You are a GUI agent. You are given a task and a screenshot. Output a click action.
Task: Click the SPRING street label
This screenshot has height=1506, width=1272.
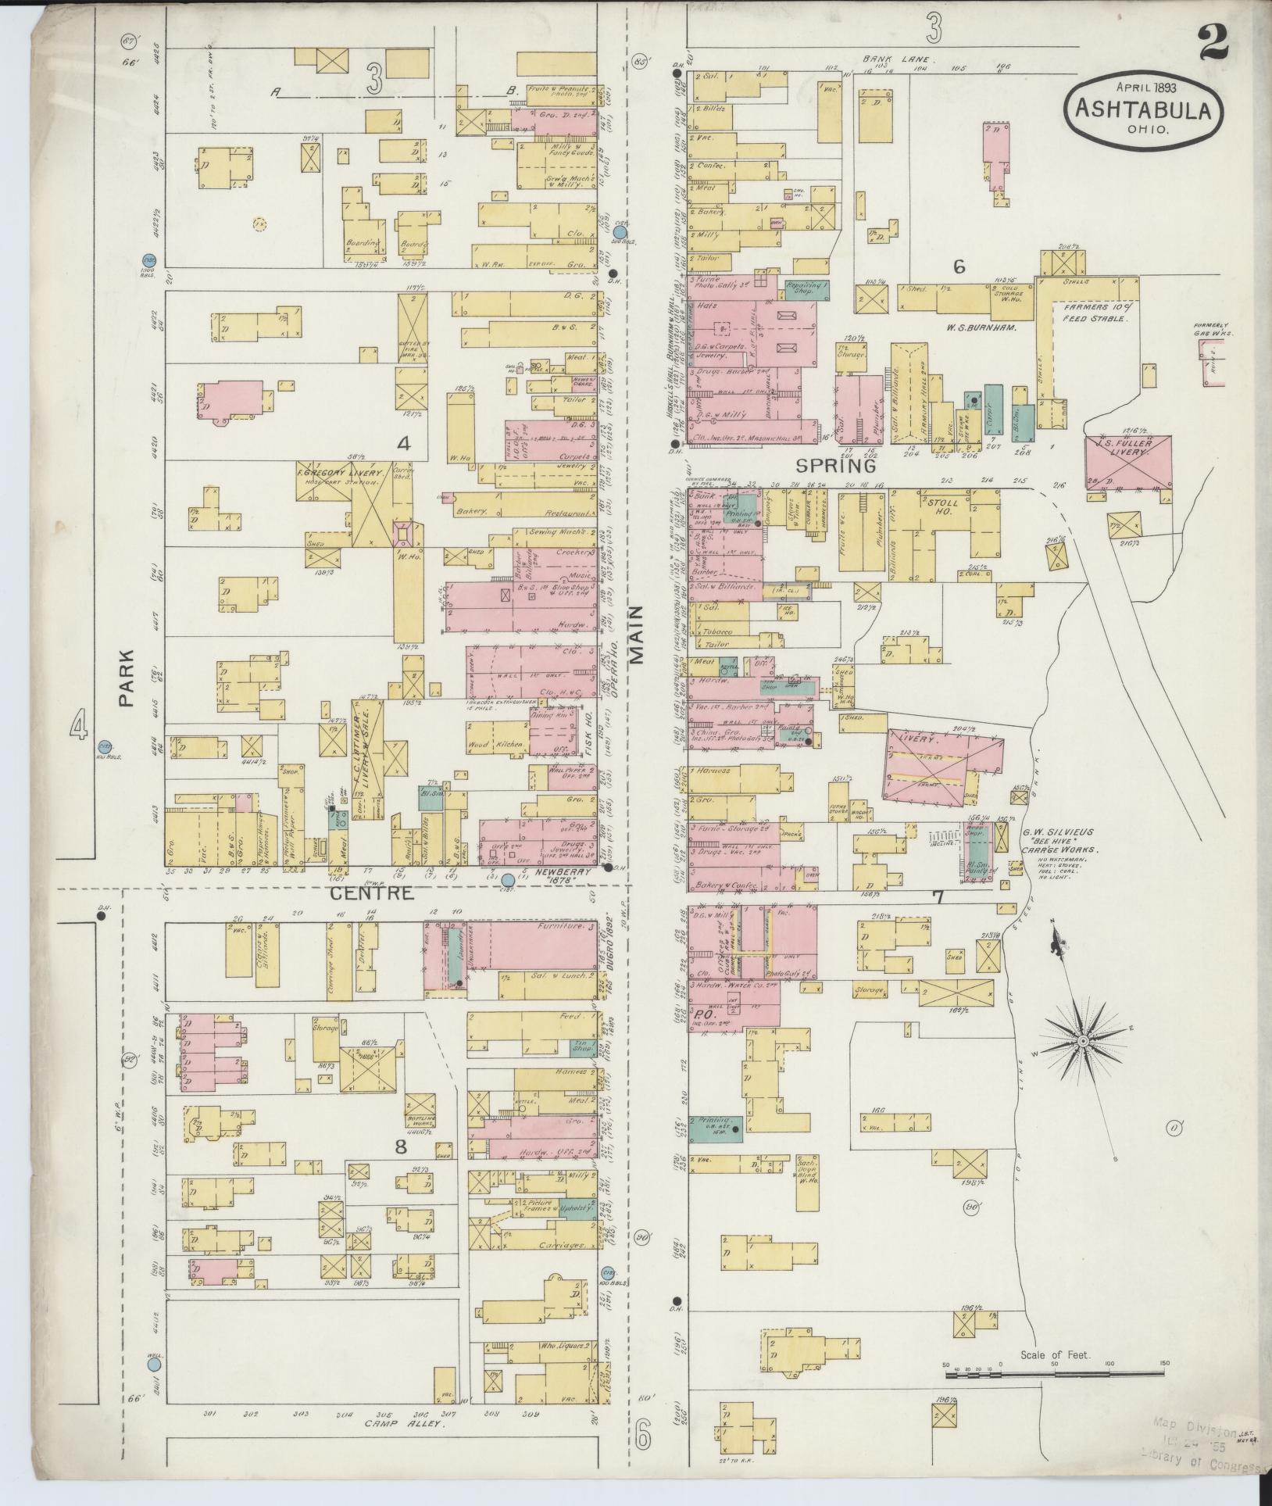(x=835, y=466)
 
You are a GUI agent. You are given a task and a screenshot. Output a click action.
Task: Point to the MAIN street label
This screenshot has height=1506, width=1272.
(x=639, y=635)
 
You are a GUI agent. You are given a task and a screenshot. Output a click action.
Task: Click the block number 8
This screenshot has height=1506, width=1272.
(x=400, y=1146)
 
